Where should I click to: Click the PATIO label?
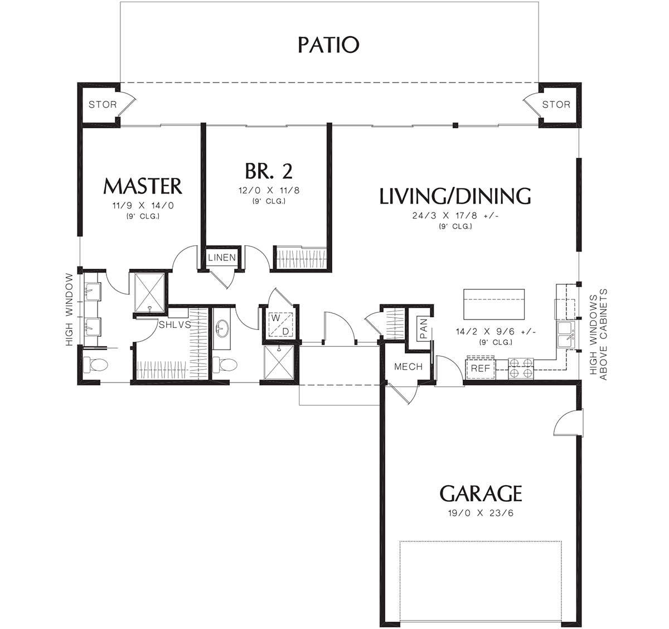click(328, 45)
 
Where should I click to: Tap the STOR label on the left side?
click(103, 104)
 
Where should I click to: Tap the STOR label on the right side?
click(556, 104)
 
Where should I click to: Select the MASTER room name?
click(143, 186)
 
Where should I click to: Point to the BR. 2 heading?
click(269, 170)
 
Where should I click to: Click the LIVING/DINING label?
click(455, 196)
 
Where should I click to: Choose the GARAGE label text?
click(481, 493)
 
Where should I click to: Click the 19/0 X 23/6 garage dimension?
click(481, 514)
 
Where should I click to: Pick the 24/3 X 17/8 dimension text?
click(455, 216)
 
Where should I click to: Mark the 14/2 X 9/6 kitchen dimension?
click(496, 331)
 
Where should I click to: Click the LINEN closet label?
click(222, 258)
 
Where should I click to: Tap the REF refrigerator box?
click(480, 369)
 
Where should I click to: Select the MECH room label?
click(408, 366)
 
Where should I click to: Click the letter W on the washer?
click(274, 318)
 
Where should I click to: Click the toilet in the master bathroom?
click(99, 365)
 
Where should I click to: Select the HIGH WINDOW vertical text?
click(69, 309)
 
